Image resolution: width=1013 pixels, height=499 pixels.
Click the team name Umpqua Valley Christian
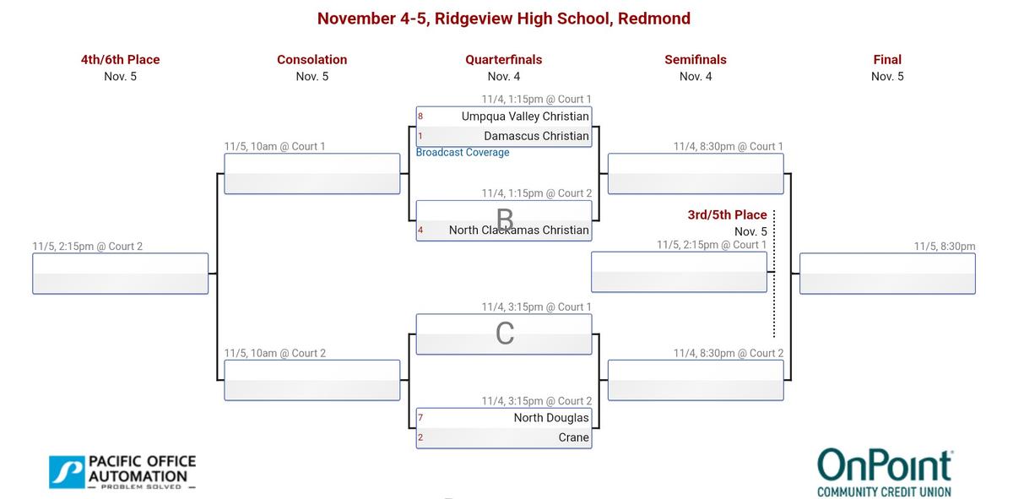coord(525,116)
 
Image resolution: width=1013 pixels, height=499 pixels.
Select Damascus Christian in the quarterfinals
coord(536,136)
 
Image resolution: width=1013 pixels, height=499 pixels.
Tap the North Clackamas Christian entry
coord(518,230)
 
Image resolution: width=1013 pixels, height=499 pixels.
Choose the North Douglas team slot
coord(550,418)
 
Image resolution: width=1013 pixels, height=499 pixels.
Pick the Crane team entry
coord(573,438)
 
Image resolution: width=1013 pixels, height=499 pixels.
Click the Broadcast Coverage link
coord(463,153)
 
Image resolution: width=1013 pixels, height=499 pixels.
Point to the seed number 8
coord(420,116)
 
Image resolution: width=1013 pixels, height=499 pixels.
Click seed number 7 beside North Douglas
coord(420,418)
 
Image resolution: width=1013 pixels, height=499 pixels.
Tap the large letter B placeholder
coord(505,220)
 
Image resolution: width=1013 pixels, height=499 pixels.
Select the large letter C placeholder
coord(505,334)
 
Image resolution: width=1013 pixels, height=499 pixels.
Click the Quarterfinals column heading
coord(504,60)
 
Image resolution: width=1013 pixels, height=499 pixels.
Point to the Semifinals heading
coord(696,60)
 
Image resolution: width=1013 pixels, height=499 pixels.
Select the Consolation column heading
coord(312,60)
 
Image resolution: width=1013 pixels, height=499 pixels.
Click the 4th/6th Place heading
coord(121,60)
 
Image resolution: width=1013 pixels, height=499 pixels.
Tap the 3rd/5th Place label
coord(727,215)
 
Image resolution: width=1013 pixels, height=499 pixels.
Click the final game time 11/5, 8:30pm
coord(944,247)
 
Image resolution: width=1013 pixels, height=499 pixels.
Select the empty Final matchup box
coord(887,274)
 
